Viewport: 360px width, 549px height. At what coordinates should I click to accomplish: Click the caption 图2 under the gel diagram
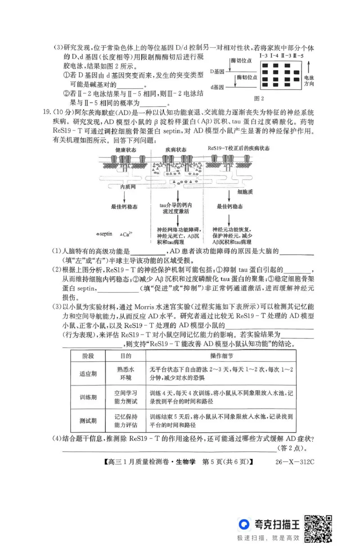click(x=259, y=98)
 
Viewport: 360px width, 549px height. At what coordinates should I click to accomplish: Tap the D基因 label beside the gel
click(x=219, y=71)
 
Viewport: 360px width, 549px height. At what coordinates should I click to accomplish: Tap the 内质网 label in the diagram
click(x=128, y=186)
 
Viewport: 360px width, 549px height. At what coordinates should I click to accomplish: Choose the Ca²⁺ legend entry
click(x=126, y=234)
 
